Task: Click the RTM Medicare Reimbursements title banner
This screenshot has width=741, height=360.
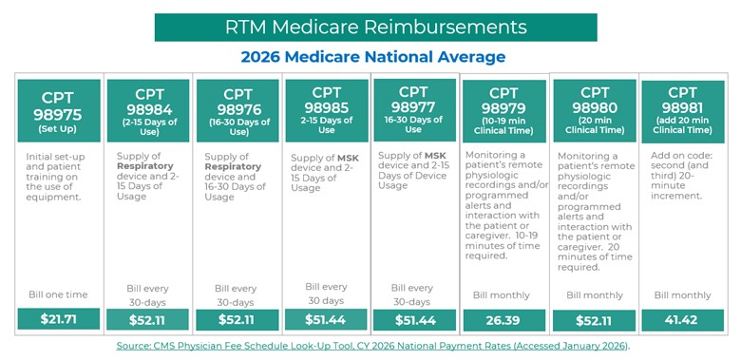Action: (x=375, y=27)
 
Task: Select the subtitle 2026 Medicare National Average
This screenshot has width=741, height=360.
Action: (x=372, y=57)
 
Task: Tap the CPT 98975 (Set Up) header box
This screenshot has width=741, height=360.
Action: (x=58, y=111)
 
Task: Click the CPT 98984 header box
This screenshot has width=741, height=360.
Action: (x=147, y=110)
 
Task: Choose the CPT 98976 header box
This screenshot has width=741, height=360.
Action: (x=237, y=110)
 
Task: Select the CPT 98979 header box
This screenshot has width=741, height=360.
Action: (x=503, y=110)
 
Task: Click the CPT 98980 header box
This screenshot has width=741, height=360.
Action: (x=594, y=110)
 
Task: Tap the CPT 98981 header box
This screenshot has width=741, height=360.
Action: (x=682, y=110)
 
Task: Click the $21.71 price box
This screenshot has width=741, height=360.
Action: (x=58, y=319)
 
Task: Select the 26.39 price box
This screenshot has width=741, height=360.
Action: (x=503, y=320)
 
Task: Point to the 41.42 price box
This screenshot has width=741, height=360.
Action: (x=682, y=320)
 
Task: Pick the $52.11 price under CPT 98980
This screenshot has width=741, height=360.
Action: (x=594, y=320)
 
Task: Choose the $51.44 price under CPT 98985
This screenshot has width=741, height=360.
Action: (x=326, y=319)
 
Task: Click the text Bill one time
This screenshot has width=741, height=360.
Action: (x=58, y=295)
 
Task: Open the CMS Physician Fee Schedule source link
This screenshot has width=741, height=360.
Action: (x=371, y=346)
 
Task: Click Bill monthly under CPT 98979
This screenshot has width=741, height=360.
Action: (x=503, y=295)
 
